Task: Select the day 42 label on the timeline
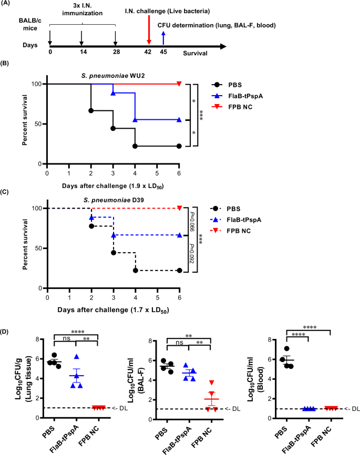pos(149,52)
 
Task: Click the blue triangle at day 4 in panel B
pos(135,120)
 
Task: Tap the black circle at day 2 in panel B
pos(91,111)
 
